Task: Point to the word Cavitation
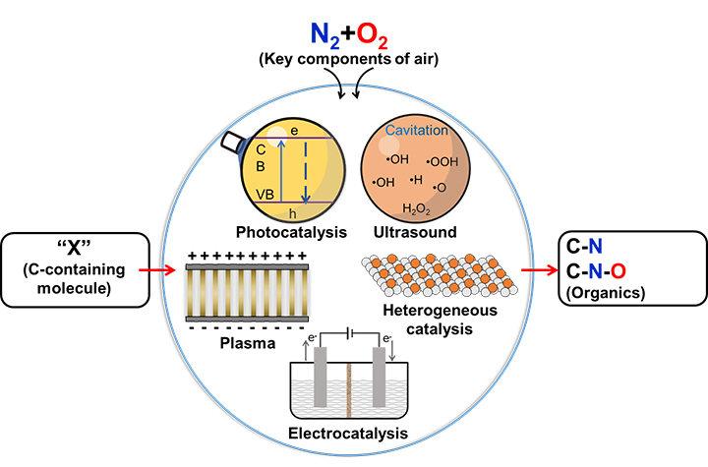[x=416, y=132]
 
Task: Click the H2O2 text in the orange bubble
[x=416, y=209]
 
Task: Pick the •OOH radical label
[x=444, y=162]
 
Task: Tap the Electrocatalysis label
[x=353, y=432]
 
